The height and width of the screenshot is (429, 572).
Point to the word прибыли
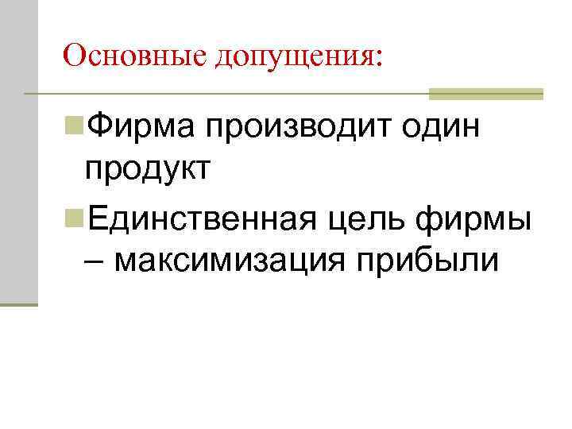point(421,261)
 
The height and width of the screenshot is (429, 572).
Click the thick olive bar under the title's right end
point(485,95)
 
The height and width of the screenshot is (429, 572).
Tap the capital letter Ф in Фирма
point(100,127)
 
